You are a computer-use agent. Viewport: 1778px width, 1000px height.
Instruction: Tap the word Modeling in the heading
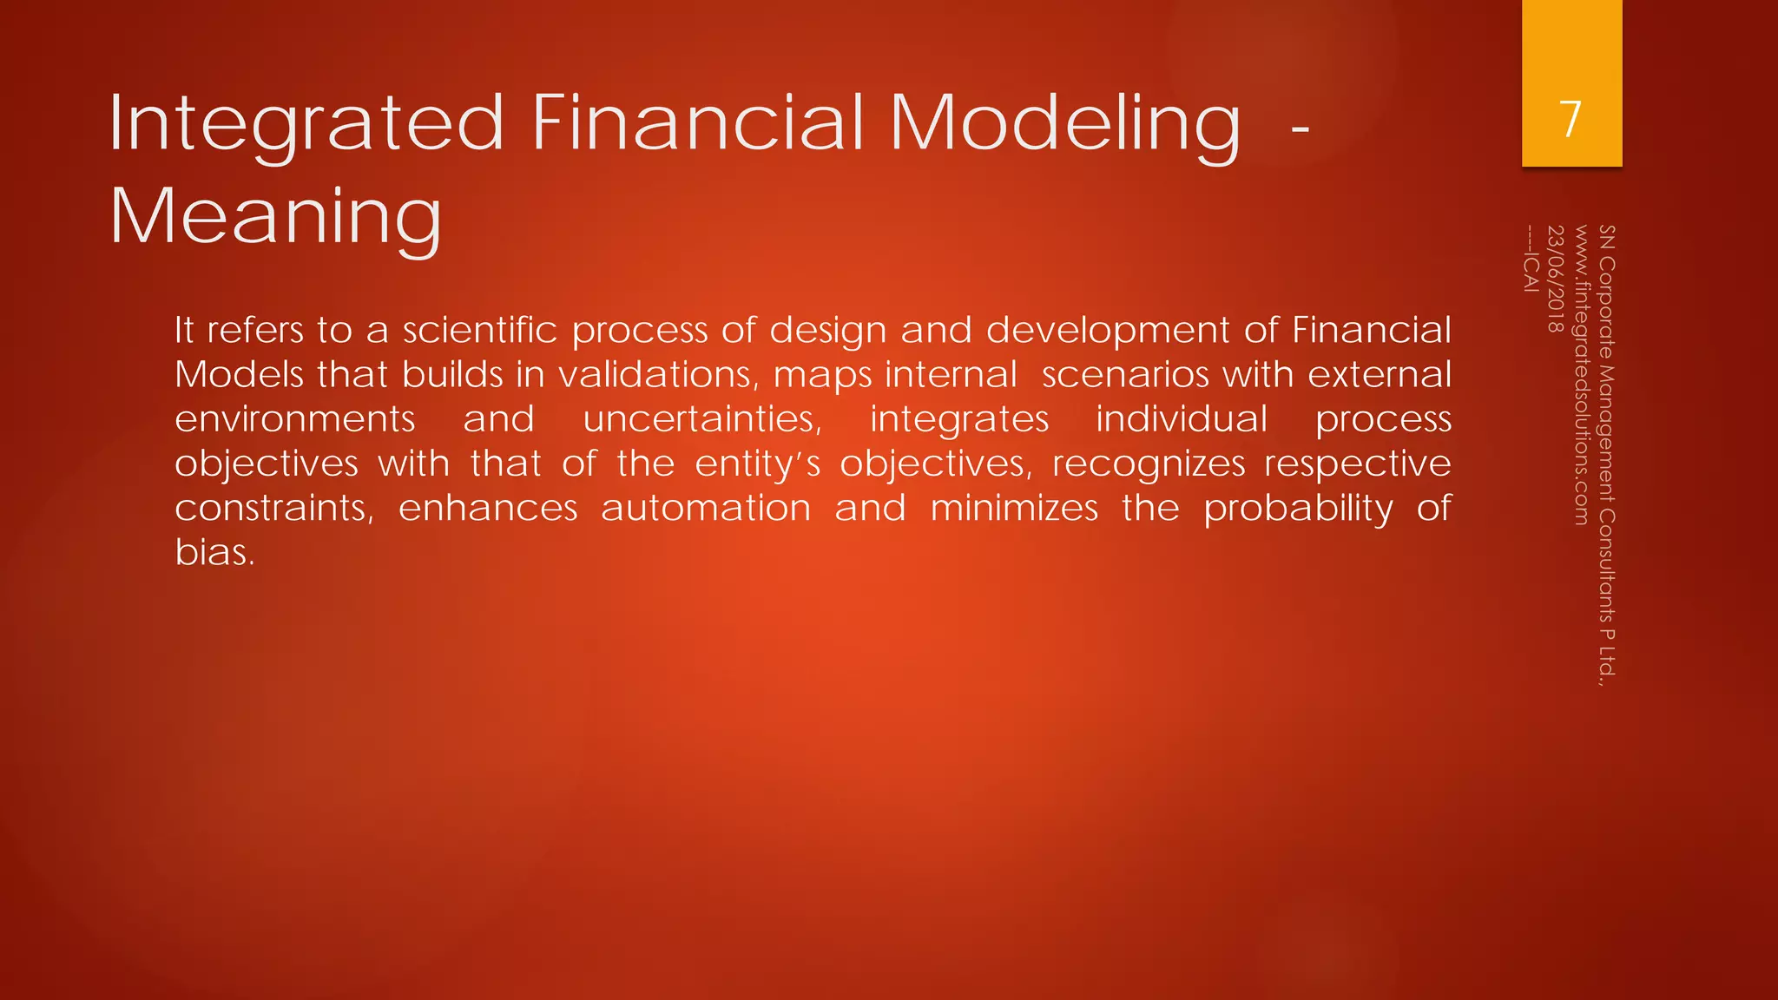[1064, 124]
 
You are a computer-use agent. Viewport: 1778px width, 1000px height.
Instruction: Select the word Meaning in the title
[275, 217]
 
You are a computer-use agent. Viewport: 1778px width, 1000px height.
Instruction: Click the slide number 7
[1571, 119]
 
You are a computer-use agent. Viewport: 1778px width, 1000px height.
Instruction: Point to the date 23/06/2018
[1556, 279]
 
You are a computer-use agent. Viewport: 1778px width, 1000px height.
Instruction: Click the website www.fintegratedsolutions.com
[1581, 375]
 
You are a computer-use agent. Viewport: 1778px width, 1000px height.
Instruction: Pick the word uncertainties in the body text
[701, 419]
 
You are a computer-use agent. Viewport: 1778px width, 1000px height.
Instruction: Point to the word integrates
[959, 419]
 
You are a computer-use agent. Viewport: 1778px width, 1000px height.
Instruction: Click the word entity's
[757, 464]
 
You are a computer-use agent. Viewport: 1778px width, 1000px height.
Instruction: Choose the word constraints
[273, 508]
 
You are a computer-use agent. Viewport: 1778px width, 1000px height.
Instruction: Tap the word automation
[706, 508]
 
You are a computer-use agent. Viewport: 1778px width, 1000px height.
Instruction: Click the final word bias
[214, 552]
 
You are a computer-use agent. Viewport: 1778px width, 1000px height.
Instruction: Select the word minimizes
[1014, 508]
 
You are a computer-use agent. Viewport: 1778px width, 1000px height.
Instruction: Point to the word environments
[295, 419]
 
